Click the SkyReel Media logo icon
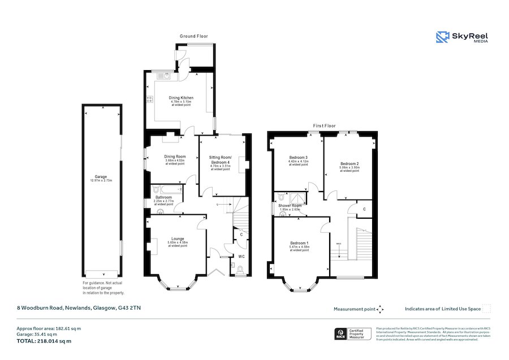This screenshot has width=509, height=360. [x=442, y=37]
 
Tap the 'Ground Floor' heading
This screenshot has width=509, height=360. [x=194, y=36]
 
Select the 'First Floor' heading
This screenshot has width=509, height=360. [x=324, y=126]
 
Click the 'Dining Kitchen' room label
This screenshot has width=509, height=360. [x=181, y=98]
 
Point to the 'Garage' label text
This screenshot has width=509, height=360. [x=101, y=176]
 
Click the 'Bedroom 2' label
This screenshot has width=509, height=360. [x=349, y=163]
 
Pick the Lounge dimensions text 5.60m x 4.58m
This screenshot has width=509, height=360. [x=178, y=243]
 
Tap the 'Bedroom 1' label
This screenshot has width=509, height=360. [x=299, y=243]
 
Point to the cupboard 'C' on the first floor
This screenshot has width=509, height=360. [x=364, y=209]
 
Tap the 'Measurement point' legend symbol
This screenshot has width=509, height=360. [x=380, y=309]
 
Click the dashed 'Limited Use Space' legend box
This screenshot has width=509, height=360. [x=486, y=309]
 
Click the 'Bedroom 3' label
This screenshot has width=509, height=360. [x=299, y=157]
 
